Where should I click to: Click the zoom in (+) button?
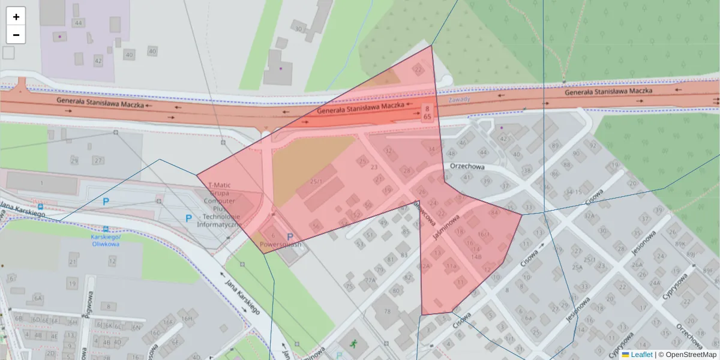click(16, 17)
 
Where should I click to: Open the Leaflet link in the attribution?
click(641, 355)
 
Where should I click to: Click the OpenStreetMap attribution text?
click(689, 355)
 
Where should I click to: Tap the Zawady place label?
click(459, 99)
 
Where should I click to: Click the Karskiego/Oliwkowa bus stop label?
click(106, 240)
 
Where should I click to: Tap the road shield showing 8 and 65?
click(427, 112)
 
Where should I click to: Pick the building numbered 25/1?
click(316, 181)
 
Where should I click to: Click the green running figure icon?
click(355, 344)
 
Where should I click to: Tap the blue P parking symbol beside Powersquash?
click(290, 237)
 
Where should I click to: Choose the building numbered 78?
click(387, 311)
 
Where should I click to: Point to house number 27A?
click(370, 280)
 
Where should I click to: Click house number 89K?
click(680, 244)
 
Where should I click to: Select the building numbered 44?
click(78, 23)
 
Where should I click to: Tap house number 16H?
click(187, 319)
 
